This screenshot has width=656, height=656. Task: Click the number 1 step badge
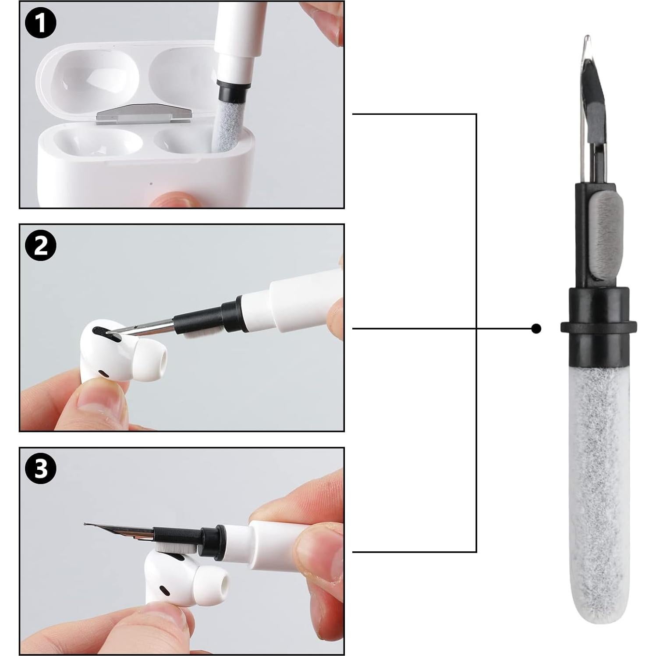(40, 23)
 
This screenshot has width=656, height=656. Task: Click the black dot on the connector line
(535, 328)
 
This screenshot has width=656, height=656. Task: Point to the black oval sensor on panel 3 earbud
(164, 591)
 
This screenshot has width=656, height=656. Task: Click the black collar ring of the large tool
(598, 326)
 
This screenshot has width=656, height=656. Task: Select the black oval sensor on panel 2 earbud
(104, 373)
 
